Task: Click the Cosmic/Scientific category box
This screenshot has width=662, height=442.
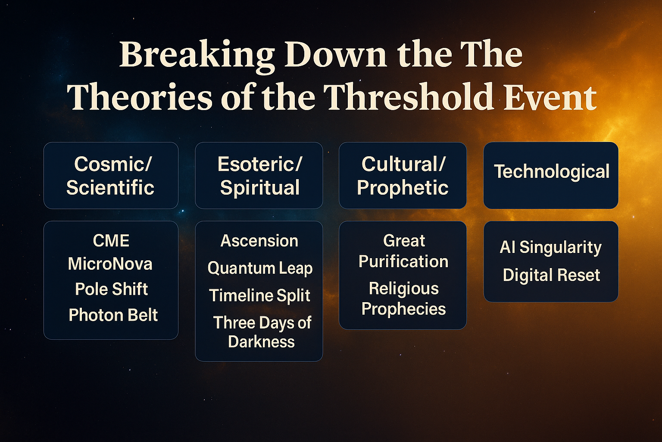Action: tap(111, 176)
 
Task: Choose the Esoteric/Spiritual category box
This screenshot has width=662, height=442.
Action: tap(259, 176)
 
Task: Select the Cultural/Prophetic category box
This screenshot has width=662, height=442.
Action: tap(403, 176)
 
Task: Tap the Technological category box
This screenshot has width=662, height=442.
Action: tap(551, 176)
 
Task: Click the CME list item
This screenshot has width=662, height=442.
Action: tap(111, 240)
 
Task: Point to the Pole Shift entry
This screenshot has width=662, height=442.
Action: tap(111, 289)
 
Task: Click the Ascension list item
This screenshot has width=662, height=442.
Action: tap(259, 241)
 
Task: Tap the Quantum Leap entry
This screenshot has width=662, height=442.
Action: tap(260, 268)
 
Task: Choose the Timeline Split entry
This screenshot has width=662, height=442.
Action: tap(260, 295)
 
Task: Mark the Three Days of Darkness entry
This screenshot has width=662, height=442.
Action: tap(262, 332)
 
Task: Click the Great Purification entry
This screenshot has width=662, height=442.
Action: tap(403, 251)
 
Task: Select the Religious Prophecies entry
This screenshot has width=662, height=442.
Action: tap(404, 299)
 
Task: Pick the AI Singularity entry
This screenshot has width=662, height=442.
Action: tap(550, 247)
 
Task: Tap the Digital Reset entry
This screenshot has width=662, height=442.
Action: tap(552, 275)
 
